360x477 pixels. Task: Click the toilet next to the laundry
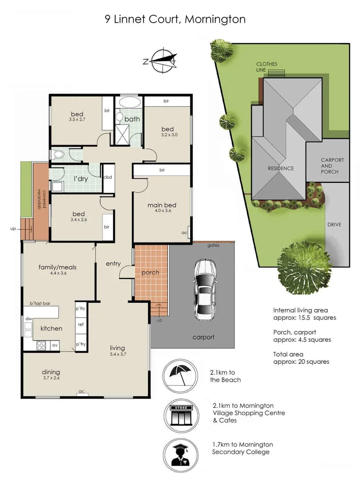click(x=57, y=155)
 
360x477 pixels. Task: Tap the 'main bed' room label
click(x=162, y=205)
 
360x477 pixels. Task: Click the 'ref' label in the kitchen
click(x=80, y=324)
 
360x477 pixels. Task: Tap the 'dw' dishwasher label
click(x=28, y=318)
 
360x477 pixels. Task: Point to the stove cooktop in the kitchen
click(x=41, y=344)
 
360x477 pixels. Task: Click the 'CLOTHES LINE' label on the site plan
click(x=267, y=67)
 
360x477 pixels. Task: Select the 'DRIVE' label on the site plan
click(x=334, y=224)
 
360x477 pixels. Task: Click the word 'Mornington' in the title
click(x=215, y=19)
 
